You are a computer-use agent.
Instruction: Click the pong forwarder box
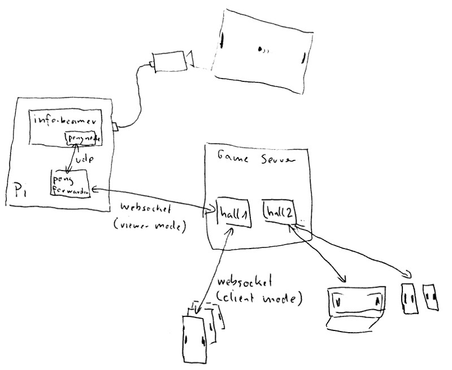point(71,184)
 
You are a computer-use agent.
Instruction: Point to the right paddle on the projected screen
point(304,56)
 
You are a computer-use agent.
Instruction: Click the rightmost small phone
point(431,297)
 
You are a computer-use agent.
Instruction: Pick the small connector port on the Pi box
point(114,127)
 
